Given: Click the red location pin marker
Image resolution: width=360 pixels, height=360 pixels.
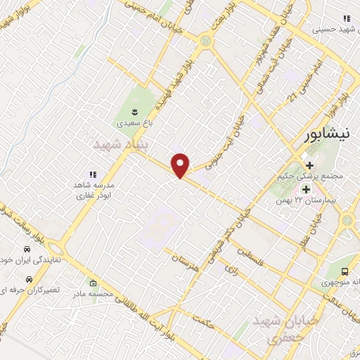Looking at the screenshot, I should (x=181, y=165).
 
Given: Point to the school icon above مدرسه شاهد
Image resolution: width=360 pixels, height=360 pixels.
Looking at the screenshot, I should (x=91, y=174).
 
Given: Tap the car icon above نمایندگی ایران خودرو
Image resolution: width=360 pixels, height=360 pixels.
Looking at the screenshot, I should (x=27, y=250).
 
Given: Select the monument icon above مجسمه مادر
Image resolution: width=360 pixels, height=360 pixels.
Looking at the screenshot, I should (x=94, y=283).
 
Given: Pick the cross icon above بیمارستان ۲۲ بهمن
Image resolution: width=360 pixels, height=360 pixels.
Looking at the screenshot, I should (x=306, y=189).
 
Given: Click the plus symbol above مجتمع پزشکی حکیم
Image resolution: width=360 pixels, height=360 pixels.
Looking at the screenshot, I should (x=309, y=165).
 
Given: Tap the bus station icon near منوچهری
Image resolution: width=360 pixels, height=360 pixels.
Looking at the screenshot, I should (x=344, y=271).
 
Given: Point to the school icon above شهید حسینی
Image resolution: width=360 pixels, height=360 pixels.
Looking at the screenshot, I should (x=345, y=18).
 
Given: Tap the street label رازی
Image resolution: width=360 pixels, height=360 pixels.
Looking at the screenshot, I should (x=229, y=268).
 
